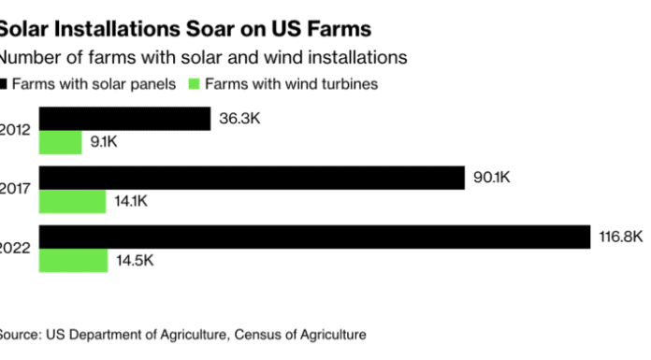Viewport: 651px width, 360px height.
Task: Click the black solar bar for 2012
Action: pos(124,119)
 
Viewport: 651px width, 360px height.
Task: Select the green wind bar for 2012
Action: pos(61,142)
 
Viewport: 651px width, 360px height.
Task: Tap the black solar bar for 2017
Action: pos(252,178)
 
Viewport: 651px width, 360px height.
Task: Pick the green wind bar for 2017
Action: pos(73,201)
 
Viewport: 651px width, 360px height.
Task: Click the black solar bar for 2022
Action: pos(313,237)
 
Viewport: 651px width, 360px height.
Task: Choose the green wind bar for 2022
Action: pos(74,260)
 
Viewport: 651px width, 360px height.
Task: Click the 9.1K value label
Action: pos(105,142)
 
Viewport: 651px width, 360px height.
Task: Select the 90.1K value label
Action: pos(492,178)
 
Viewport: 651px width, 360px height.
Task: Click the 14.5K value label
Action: pos(134,260)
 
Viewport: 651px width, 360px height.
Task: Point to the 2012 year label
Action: pos(16,130)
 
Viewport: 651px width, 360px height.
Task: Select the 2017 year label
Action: pos(16,189)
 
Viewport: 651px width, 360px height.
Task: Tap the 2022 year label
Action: pos(16,248)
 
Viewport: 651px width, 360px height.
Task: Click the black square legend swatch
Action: pos(5,83)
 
